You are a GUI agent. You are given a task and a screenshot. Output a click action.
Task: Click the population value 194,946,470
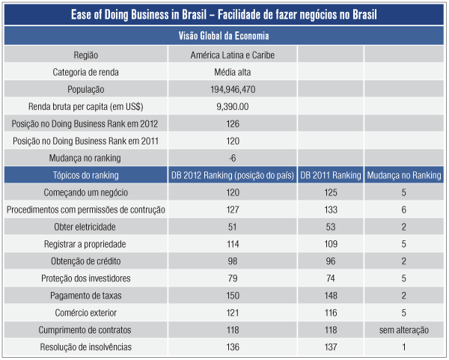pyautogui.click(x=233, y=89)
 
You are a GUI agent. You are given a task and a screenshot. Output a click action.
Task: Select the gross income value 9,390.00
pyautogui.click(x=233, y=106)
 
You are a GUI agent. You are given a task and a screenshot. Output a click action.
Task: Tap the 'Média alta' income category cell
pyautogui.click(x=233, y=72)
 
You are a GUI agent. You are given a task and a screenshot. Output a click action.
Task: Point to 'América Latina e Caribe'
pyautogui.click(x=233, y=55)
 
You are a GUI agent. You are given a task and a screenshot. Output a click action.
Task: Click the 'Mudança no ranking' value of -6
pyautogui.click(x=233, y=158)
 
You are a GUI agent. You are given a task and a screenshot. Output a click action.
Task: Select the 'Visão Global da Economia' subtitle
pyautogui.click(x=224, y=35)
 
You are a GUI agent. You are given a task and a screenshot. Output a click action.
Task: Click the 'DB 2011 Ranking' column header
pyautogui.click(x=330, y=175)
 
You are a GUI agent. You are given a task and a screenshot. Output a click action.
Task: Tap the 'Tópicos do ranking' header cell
pyautogui.click(x=86, y=175)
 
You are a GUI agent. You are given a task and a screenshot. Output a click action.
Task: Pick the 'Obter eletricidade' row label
pyautogui.click(x=86, y=227)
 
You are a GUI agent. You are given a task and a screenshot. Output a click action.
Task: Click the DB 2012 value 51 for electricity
pyautogui.click(x=233, y=227)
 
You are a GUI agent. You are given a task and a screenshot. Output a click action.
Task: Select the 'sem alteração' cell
pyautogui.click(x=404, y=330)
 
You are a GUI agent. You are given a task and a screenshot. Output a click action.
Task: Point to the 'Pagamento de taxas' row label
pyautogui.click(x=86, y=296)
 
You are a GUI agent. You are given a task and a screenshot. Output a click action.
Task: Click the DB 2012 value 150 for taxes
pyautogui.click(x=233, y=296)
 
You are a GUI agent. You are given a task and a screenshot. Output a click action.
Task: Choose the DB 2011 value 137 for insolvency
pyautogui.click(x=330, y=347)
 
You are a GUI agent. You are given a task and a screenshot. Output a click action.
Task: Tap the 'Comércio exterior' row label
pyautogui.click(x=86, y=313)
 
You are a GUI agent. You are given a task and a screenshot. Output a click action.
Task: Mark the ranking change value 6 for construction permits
pyautogui.click(x=404, y=210)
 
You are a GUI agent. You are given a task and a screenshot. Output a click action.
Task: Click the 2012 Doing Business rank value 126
pyautogui.click(x=233, y=123)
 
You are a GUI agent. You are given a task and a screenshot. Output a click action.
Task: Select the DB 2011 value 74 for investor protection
pyautogui.click(x=330, y=278)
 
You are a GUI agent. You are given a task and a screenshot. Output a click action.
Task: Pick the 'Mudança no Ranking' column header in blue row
pyautogui.click(x=404, y=175)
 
